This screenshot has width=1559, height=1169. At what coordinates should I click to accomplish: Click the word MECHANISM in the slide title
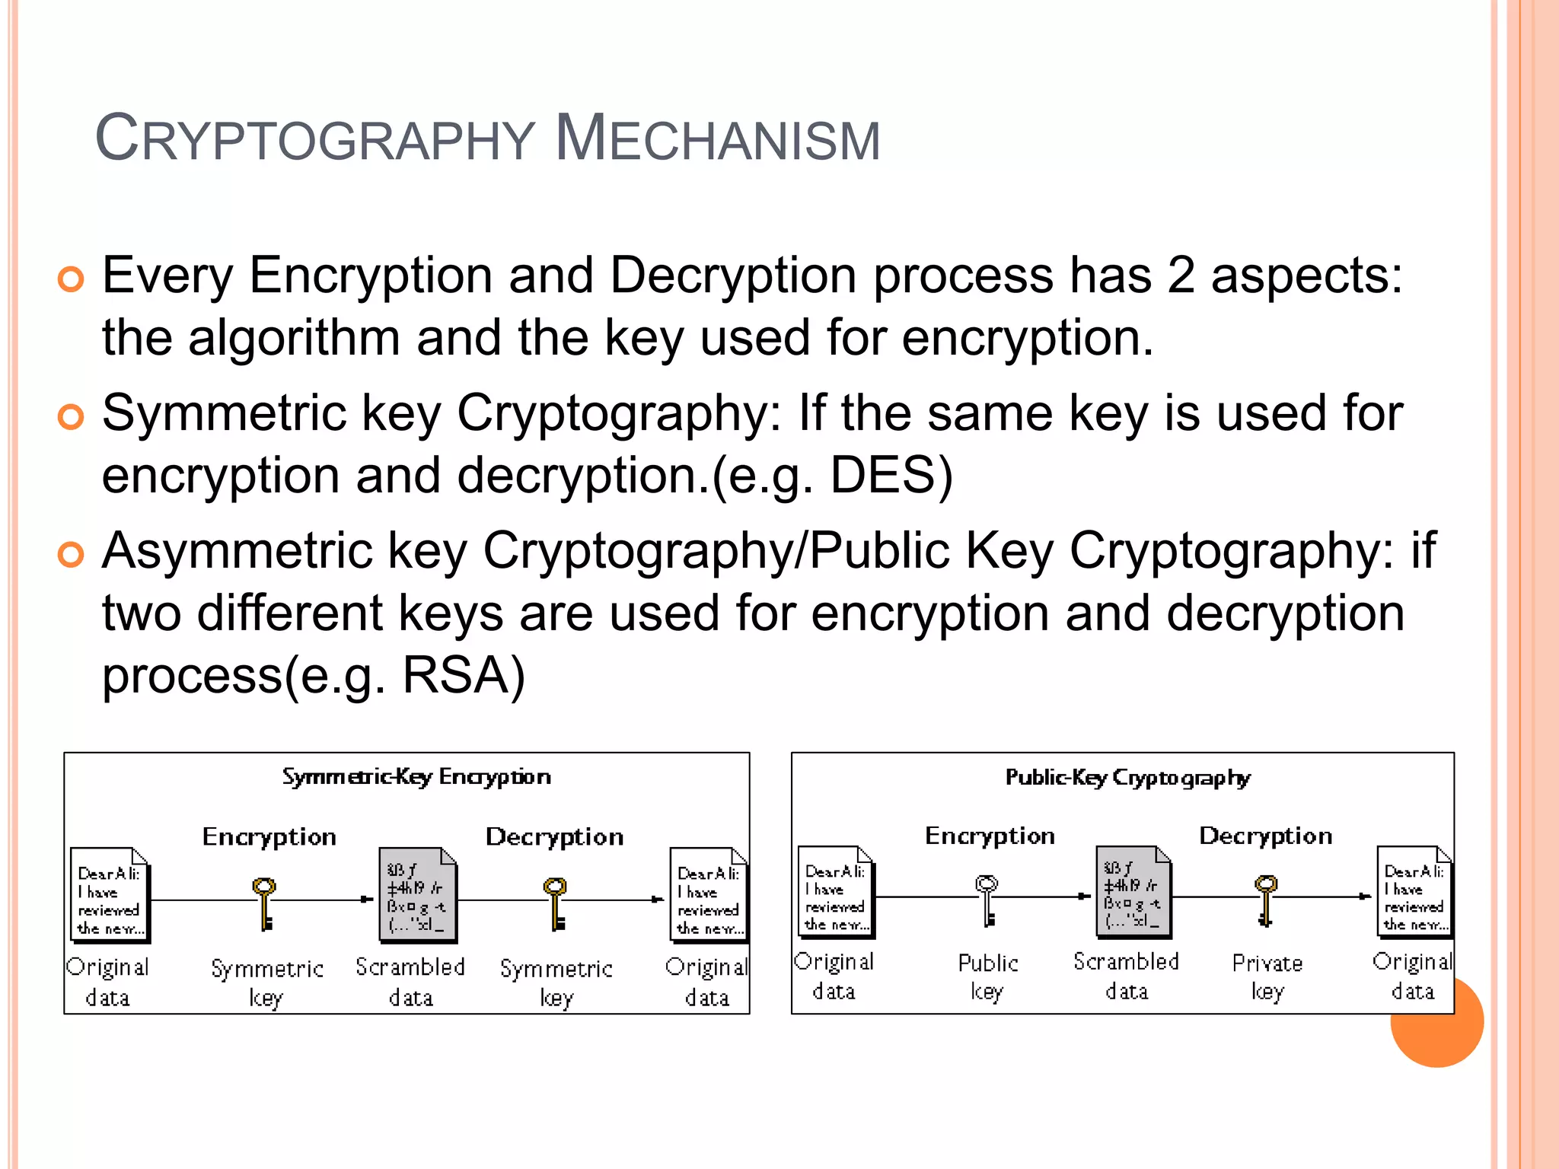click(717, 139)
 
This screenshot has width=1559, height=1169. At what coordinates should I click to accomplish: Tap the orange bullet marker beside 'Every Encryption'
click(70, 279)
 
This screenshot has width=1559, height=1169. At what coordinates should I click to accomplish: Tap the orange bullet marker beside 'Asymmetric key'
click(70, 555)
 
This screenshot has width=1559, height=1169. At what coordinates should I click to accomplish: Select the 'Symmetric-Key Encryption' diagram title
click(416, 777)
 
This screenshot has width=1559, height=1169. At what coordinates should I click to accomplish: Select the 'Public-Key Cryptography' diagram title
click(1127, 778)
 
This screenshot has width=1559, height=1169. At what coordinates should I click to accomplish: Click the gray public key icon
click(987, 900)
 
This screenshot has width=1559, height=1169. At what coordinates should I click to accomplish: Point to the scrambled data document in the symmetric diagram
click(417, 896)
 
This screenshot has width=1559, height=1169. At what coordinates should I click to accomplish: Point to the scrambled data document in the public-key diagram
click(1133, 891)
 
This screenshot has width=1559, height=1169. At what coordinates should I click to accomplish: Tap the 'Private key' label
click(1267, 976)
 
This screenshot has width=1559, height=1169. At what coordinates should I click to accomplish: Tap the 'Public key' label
click(987, 976)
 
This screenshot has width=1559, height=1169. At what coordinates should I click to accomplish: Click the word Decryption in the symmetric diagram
click(555, 837)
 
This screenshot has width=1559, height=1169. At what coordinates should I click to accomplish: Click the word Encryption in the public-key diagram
click(990, 836)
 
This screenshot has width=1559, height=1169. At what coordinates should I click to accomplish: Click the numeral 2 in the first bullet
click(1181, 275)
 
